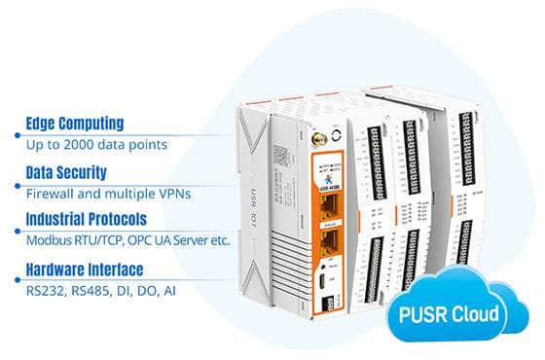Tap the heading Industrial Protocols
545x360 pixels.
point(87,219)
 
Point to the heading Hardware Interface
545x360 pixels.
point(85,269)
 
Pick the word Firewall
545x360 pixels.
point(48,193)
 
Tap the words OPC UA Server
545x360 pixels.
point(162,240)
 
